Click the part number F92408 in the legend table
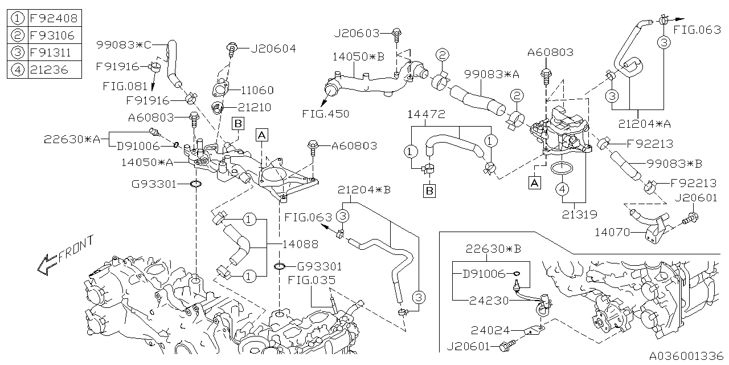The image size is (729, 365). [x=53, y=18]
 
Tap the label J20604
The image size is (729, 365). [x=273, y=48]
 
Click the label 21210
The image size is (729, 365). [x=255, y=107]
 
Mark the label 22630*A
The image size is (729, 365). [x=72, y=139]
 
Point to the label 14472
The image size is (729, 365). [x=426, y=114]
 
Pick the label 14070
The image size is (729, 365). [x=612, y=232]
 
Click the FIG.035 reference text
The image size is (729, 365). [x=311, y=280]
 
